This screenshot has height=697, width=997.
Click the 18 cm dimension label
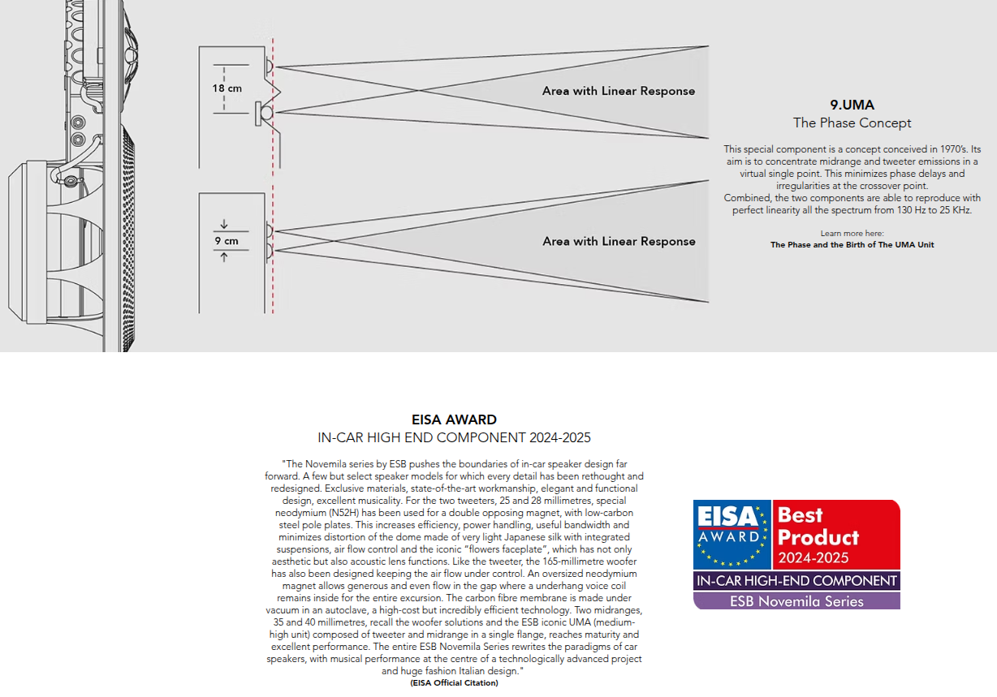(x=227, y=88)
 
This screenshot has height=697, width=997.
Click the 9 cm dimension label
(x=227, y=241)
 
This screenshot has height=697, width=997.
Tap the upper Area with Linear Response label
(x=619, y=91)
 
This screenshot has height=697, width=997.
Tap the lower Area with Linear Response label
(x=619, y=241)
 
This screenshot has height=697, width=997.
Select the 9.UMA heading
(x=852, y=105)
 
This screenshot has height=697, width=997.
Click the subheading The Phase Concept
(x=852, y=123)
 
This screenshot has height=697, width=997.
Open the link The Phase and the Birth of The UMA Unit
(x=852, y=244)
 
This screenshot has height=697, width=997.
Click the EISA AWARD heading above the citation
(x=454, y=419)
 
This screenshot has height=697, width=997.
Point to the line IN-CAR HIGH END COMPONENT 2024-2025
(x=454, y=438)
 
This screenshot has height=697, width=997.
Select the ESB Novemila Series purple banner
(x=796, y=601)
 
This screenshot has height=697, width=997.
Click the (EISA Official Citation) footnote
(x=454, y=683)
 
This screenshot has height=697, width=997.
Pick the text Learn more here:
(x=852, y=234)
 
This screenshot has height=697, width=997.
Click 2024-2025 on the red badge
(x=813, y=557)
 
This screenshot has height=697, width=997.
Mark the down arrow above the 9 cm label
(x=224, y=225)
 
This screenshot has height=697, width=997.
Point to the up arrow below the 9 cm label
(x=224, y=257)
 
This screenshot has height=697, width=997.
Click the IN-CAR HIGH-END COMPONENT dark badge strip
(x=796, y=581)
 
